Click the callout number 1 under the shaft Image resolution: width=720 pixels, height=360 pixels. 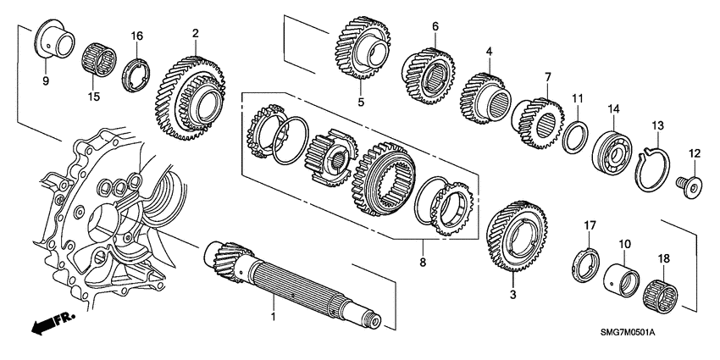273,316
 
